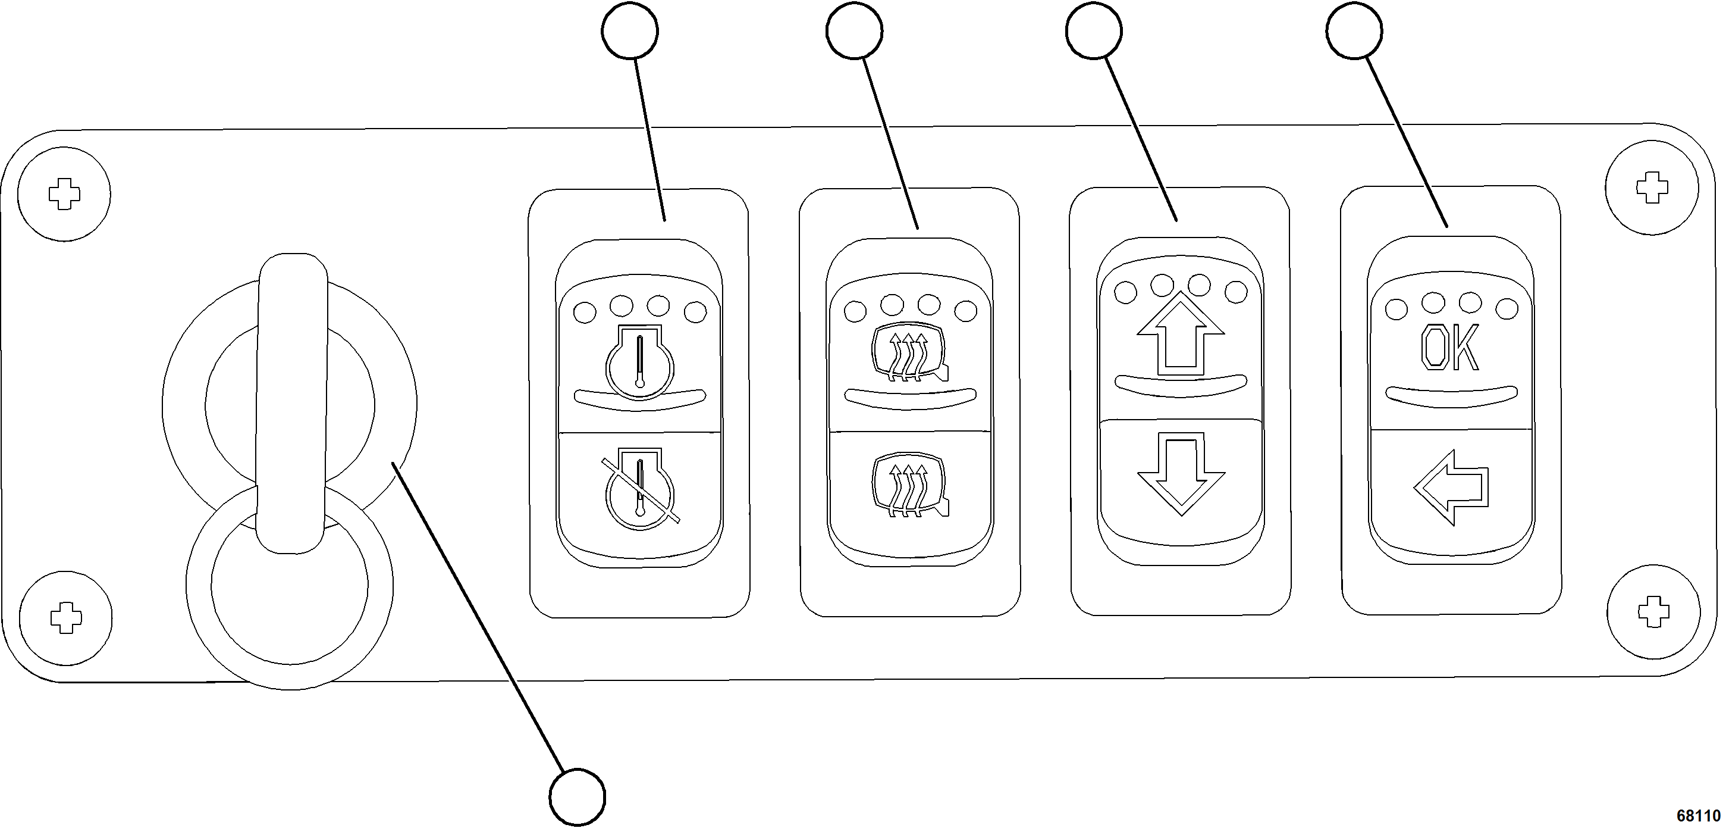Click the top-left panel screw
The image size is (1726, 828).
click(x=64, y=195)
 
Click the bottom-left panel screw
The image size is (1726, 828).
click(x=65, y=617)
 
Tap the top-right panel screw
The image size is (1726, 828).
click(x=1652, y=188)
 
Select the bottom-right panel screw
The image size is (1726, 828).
click(x=1653, y=611)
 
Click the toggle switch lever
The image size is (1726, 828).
click(x=292, y=402)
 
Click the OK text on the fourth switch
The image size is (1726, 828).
click(x=1449, y=349)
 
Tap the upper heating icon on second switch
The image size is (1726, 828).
click(x=909, y=356)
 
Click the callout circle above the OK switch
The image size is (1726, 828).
click(x=1354, y=31)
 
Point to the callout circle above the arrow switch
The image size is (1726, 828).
click(x=1094, y=31)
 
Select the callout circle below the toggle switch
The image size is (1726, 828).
click(x=577, y=797)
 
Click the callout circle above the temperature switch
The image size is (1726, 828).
click(x=630, y=31)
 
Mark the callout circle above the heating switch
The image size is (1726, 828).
click(x=854, y=31)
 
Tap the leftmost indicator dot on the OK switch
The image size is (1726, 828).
click(x=1396, y=309)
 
